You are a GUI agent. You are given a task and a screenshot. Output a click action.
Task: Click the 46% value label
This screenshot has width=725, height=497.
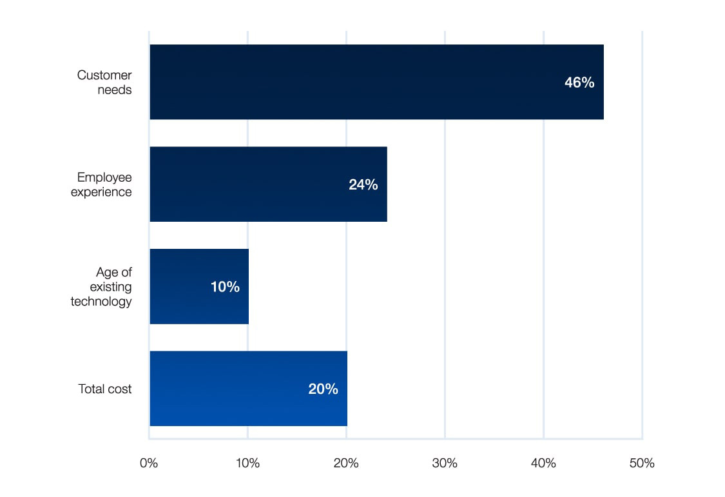[579, 83]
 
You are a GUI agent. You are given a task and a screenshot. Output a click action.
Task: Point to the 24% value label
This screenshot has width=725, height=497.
[363, 184]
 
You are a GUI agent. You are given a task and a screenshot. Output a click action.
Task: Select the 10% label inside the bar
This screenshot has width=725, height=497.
[225, 287]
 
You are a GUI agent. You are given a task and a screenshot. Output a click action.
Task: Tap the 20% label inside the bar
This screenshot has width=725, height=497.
[323, 389]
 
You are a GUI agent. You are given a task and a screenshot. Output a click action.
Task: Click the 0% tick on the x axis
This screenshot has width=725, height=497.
[149, 463]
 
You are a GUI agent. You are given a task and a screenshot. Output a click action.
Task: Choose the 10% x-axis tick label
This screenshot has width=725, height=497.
[247, 463]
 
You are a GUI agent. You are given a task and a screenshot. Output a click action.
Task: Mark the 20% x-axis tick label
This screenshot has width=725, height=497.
[346, 463]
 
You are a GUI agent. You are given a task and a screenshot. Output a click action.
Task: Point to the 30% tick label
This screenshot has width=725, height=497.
[445, 463]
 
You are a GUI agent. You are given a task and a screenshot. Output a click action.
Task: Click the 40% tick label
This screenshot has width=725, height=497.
[543, 463]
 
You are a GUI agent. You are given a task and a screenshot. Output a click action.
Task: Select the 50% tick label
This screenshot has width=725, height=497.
[642, 463]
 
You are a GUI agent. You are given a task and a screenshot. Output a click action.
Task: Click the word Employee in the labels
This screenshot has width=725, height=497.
[104, 177]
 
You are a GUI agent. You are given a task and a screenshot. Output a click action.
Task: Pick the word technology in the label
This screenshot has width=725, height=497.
[101, 301]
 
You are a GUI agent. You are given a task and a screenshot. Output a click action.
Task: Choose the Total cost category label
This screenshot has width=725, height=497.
[105, 389]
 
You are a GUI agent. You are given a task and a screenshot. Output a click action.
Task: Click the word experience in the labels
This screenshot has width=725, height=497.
[104, 192]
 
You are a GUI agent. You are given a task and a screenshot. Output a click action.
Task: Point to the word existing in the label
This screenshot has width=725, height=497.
[111, 287]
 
